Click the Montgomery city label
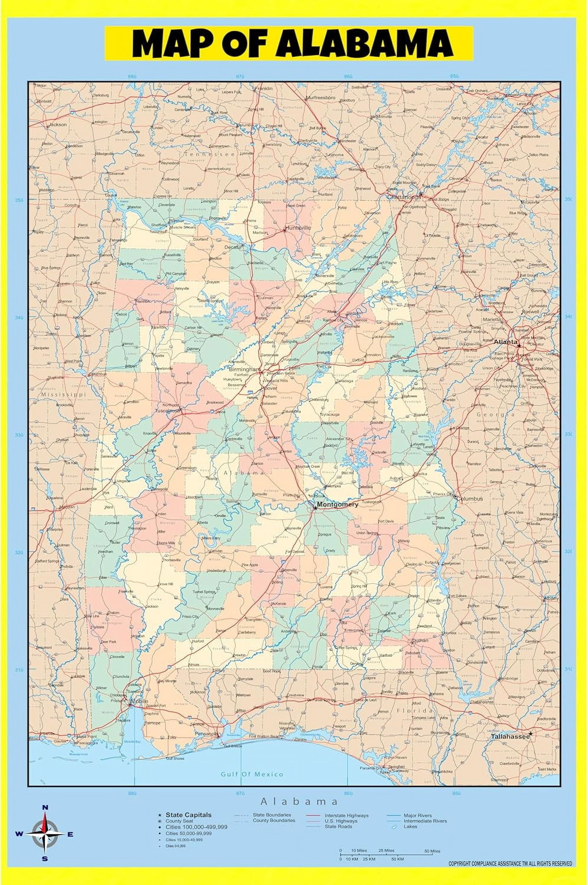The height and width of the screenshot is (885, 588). click(x=338, y=504)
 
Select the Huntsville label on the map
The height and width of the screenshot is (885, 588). click(x=298, y=228)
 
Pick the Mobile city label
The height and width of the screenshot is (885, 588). click(x=139, y=701)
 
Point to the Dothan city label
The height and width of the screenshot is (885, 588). click(x=420, y=640)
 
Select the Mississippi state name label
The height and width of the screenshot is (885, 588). click(x=64, y=395)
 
